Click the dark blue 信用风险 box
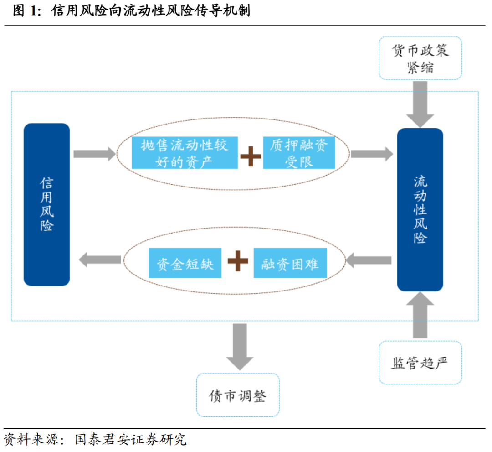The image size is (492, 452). [x=46, y=204]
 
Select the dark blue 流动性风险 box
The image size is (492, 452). [x=420, y=209]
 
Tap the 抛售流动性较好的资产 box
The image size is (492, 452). [x=184, y=153]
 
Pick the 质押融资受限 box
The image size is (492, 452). [x=299, y=153]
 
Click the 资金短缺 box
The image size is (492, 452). [x=185, y=263]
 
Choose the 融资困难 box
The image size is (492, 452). [x=290, y=263]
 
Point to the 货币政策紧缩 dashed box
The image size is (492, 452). [x=420, y=58]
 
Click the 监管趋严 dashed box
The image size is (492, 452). [x=420, y=363]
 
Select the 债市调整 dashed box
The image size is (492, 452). [x=237, y=395]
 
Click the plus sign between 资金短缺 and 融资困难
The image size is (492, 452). [x=238, y=262]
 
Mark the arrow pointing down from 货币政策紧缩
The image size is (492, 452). [x=420, y=104]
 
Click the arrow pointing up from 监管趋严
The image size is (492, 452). [x=420, y=315]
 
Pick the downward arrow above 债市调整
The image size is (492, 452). [x=240, y=346]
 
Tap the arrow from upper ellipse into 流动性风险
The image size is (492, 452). [x=372, y=154]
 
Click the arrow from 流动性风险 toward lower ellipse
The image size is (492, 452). [x=369, y=260]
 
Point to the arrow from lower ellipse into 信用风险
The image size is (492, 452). [x=100, y=260]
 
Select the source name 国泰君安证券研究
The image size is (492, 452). [x=130, y=440]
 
